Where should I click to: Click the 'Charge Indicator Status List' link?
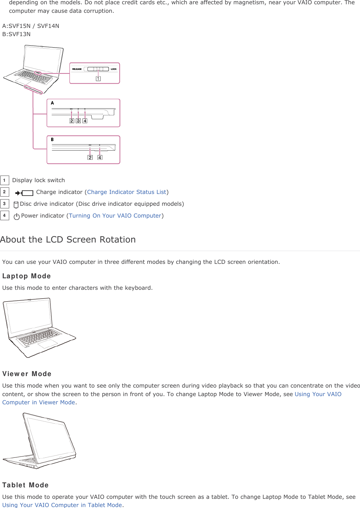(x=126, y=192)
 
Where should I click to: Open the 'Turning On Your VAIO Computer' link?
(x=115, y=216)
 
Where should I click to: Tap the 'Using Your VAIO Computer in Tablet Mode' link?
(x=62, y=505)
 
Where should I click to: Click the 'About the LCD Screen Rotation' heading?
(x=68, y=240)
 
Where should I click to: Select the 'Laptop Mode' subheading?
(x=27, y=276)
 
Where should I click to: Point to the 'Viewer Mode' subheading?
(x=27, y=374)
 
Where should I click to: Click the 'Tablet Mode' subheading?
(x=26, y=485)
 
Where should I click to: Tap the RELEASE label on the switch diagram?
(x=77, y=69)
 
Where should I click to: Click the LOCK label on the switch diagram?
(x=114, y=69)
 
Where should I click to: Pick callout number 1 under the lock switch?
(x=98, y=78)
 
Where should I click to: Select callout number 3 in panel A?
(x=78, y=121)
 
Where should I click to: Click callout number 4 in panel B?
(x=100, y=158)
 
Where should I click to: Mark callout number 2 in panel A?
(x=72, y=121)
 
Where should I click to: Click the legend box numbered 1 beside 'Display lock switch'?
(x=5, y=180)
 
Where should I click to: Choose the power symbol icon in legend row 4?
(x=17, y=216)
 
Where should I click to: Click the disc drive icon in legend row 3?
(x=16, y=205)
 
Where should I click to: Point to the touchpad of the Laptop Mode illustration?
(x=48, y=344)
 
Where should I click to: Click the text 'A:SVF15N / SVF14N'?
(x=31, y=26)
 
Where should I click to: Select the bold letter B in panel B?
(x=52, y=139)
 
